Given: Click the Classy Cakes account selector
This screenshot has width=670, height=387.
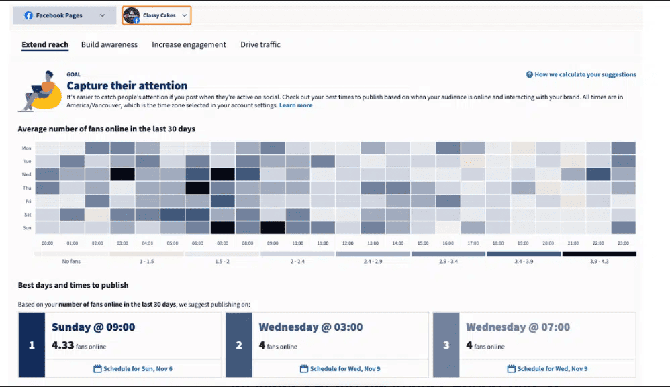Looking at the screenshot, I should tap(156, 15).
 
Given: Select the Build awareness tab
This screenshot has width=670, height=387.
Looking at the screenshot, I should tap(109, 45).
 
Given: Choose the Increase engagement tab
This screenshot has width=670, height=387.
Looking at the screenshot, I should tap(189, 45).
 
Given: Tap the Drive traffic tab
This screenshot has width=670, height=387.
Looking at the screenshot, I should tap(260, 45).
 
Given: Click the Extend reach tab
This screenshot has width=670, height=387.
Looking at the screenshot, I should tap(45, 45).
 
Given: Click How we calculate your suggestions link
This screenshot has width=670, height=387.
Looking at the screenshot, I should tap(581, 75).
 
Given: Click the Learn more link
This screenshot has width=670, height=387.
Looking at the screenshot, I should tap(295, 105).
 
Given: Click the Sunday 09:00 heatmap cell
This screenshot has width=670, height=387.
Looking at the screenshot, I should tap(273, 227).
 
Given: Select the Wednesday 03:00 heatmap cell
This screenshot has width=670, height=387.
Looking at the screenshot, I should tap(123, 174).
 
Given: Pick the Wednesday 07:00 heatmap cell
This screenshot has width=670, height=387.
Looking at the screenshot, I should tap(223, 174).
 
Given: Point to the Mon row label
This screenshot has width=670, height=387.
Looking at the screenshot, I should tap(27, 148).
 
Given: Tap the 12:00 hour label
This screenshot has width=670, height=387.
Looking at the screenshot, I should tap(348, 243).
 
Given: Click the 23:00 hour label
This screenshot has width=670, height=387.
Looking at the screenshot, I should tap(624, 243).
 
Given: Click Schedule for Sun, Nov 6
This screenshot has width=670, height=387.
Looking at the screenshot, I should tap(132, 368).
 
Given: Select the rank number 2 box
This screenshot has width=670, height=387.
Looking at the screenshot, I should tap(239, 345).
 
